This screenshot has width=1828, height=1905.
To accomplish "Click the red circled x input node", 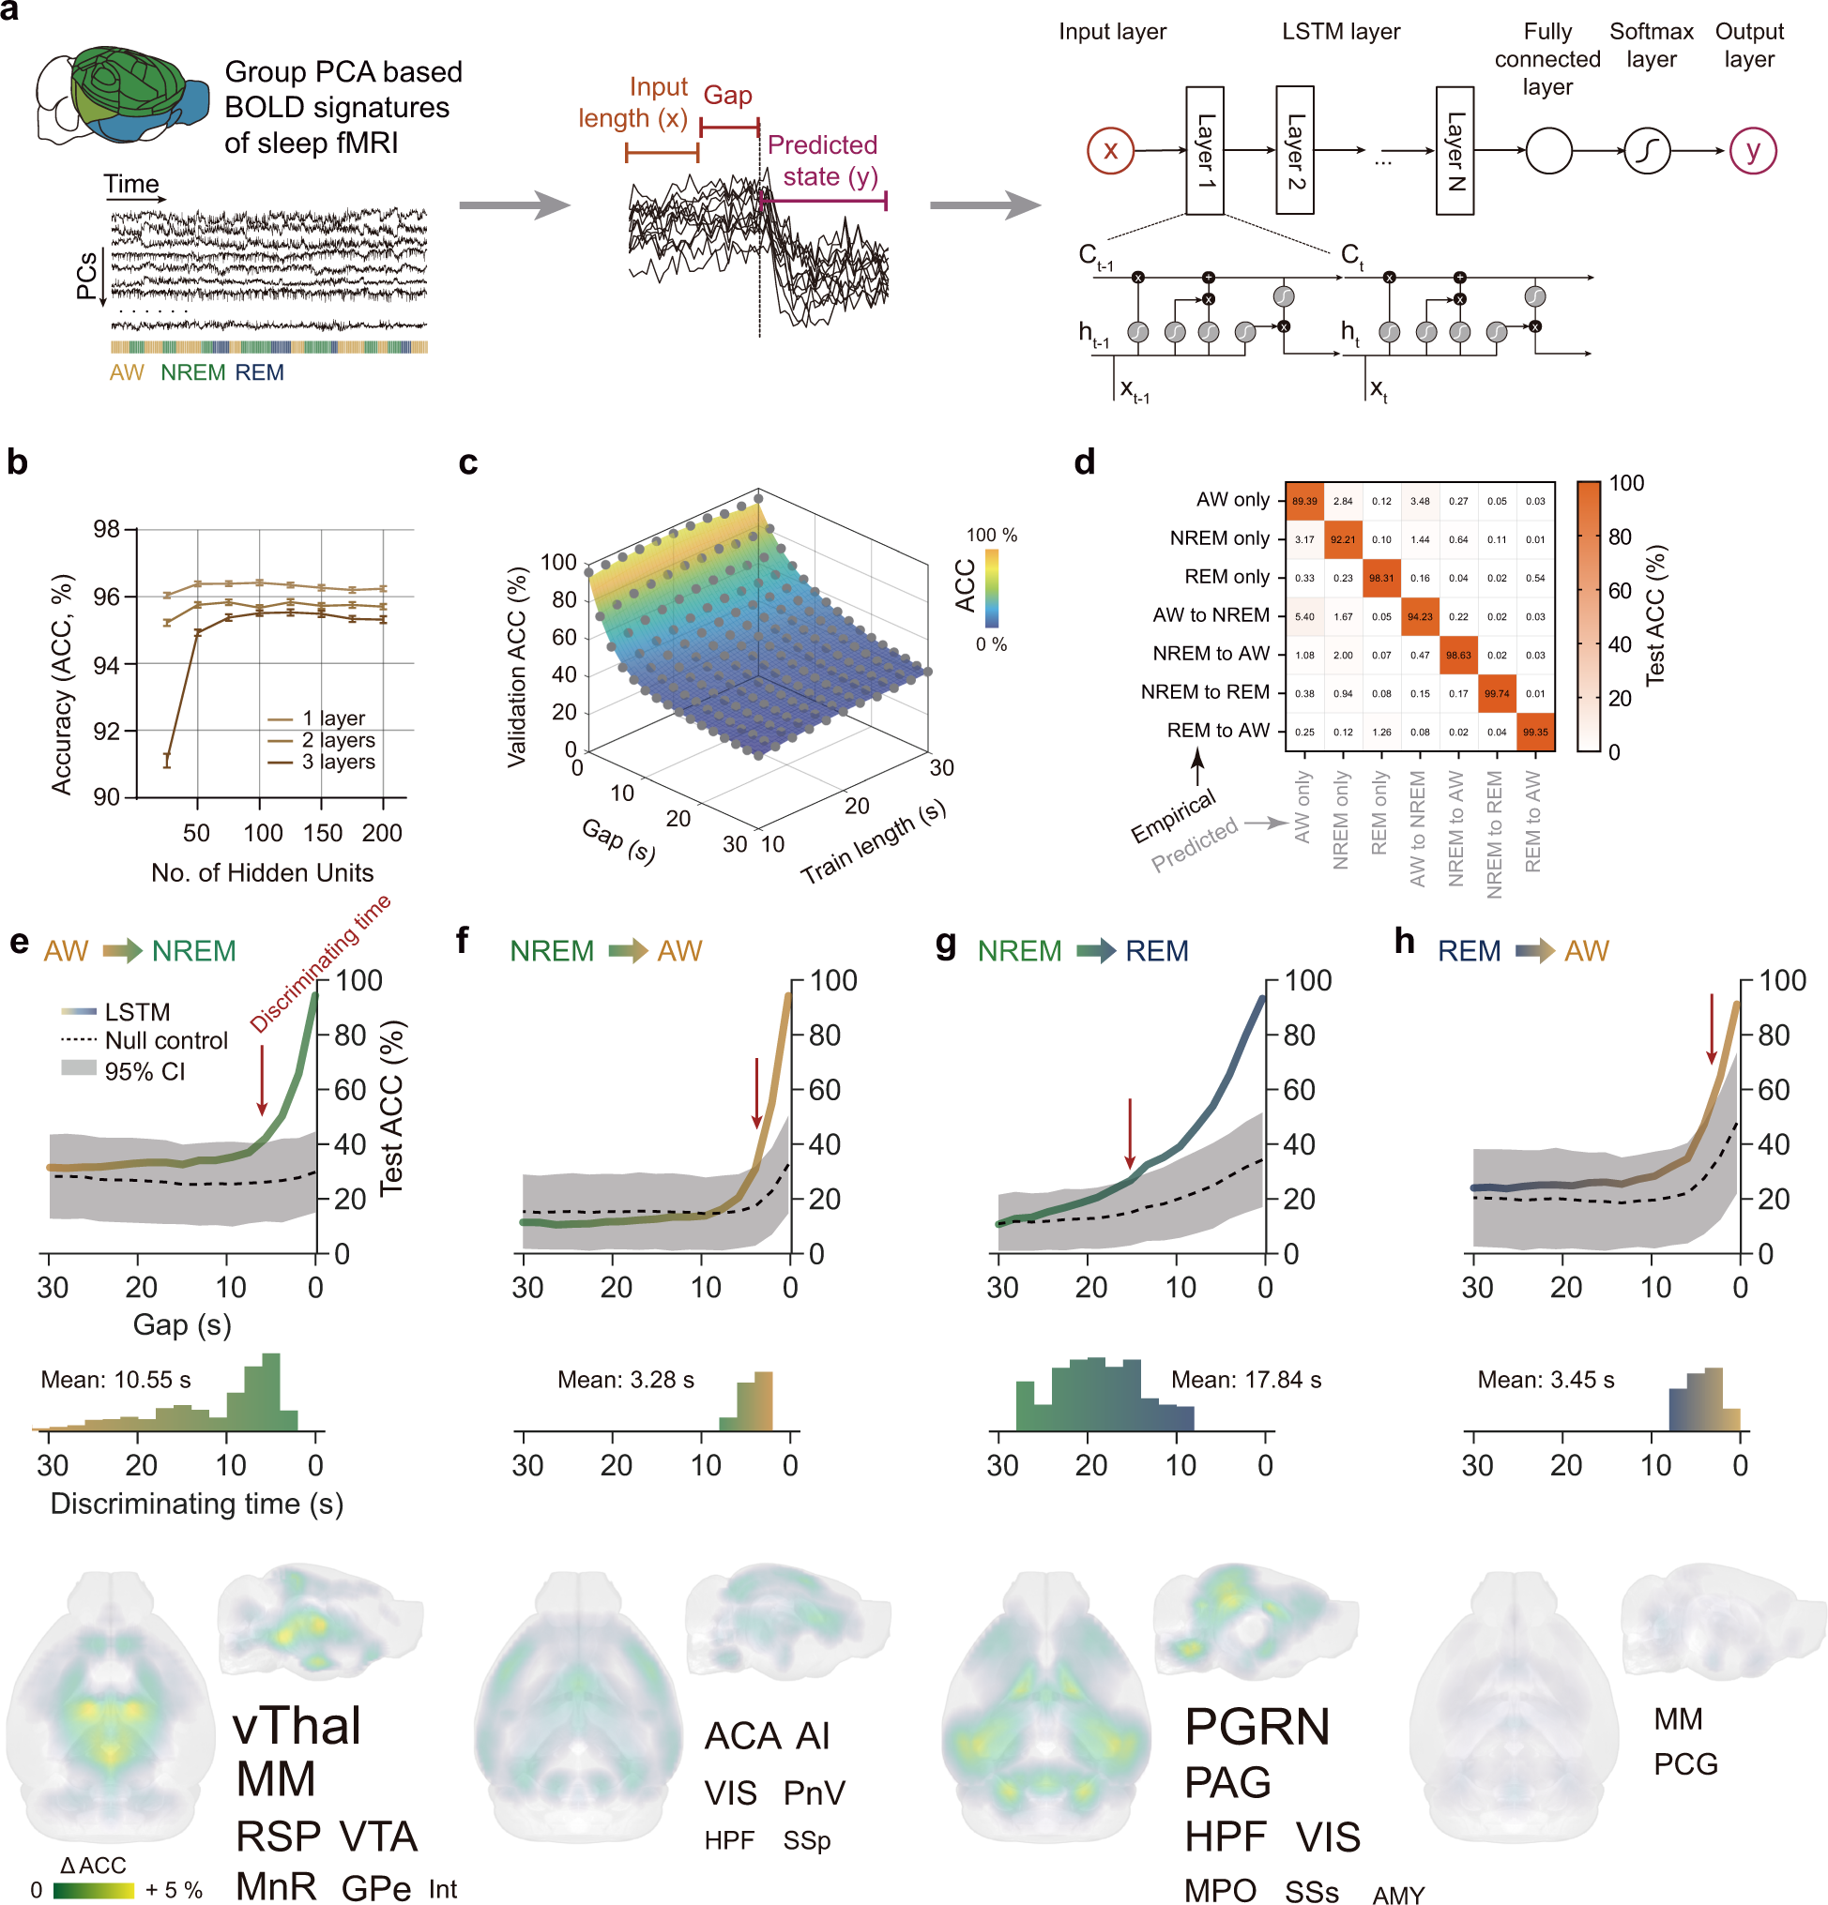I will (1109, 151).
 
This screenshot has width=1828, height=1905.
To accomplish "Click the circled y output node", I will (1752, 151).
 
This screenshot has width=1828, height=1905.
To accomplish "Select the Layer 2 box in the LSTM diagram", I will (1293, 150).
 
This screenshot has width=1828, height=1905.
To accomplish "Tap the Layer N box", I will (1454, 150).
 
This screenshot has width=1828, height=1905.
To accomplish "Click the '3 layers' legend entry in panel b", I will (337, 762).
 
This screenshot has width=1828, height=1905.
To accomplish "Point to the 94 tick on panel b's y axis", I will (106, 665).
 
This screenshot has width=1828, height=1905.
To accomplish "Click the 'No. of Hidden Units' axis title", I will (262, 873).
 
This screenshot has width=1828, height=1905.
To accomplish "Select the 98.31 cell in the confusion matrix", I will (1380, 578).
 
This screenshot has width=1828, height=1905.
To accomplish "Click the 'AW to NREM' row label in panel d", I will (1211, 615).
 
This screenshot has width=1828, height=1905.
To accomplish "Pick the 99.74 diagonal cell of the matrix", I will (1497, 693).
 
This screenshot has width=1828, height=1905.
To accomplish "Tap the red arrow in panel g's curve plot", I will (1129, 1133).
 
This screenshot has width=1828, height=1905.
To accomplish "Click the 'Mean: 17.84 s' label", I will (1245, 1379).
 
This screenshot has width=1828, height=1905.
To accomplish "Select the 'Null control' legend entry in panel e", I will (165, 1041).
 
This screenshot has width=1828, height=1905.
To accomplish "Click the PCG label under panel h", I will (1685, 1764).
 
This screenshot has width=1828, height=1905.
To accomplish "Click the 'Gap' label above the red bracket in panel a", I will (727, 96).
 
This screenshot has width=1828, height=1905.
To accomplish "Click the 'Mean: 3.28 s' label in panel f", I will (625, 1379).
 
